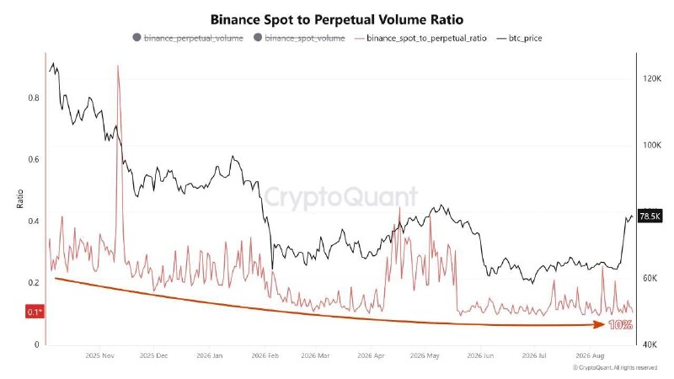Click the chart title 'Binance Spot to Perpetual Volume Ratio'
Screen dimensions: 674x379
pos(336,19)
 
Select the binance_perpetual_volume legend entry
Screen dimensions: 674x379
pos(188,38)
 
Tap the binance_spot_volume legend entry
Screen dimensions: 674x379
pos(299,38)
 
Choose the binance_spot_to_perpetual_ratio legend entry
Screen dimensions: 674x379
pos(420,38)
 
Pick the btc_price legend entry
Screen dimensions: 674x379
pos(519,38)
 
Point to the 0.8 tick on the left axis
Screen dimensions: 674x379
pos(34,98)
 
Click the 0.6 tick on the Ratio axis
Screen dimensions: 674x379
pos(34,159)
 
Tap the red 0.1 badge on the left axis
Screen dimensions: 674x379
pos(35,312)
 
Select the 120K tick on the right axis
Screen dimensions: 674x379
pos(652,78)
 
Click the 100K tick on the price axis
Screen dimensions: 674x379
pos(652,145)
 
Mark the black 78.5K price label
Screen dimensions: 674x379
pos(650,216)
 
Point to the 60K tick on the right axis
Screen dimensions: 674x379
pos(650,278)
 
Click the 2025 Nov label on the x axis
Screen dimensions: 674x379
pos(99,355)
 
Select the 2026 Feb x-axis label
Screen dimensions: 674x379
pos(265,355)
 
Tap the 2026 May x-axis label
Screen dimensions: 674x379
pos(425,355)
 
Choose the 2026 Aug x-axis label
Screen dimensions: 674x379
pos(590,355)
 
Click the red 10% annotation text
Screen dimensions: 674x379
pos(621,325)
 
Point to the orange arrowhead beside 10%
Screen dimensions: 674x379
pos(600,324)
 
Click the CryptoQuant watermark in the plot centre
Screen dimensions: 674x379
pos(340,198)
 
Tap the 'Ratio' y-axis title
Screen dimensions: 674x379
pos(19,199)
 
